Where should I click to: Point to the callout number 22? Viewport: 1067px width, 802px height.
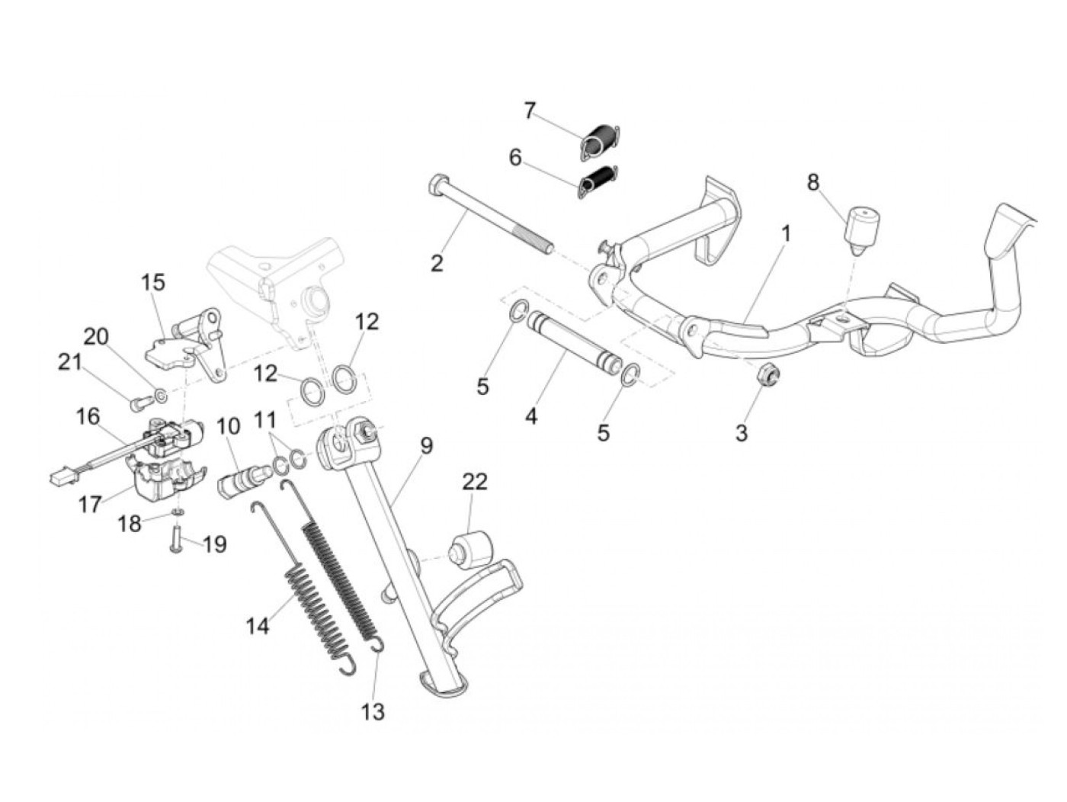pyautogui.click(x=474, y=482)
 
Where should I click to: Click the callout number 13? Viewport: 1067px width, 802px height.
pyautogui.click(x=373, y=711)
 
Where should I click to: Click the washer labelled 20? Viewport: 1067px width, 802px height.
pyautogui.click(x=161, y=395)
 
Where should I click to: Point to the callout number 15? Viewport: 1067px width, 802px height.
pyautogui.click(x=152, y=282)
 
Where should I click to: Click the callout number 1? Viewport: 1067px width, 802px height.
pyautogui.click(x=784, y=233)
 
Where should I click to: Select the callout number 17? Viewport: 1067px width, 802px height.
pyautogui.click(x=89, y=504)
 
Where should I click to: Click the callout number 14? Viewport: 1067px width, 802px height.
pyautogui.click(x=258, y=626)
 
